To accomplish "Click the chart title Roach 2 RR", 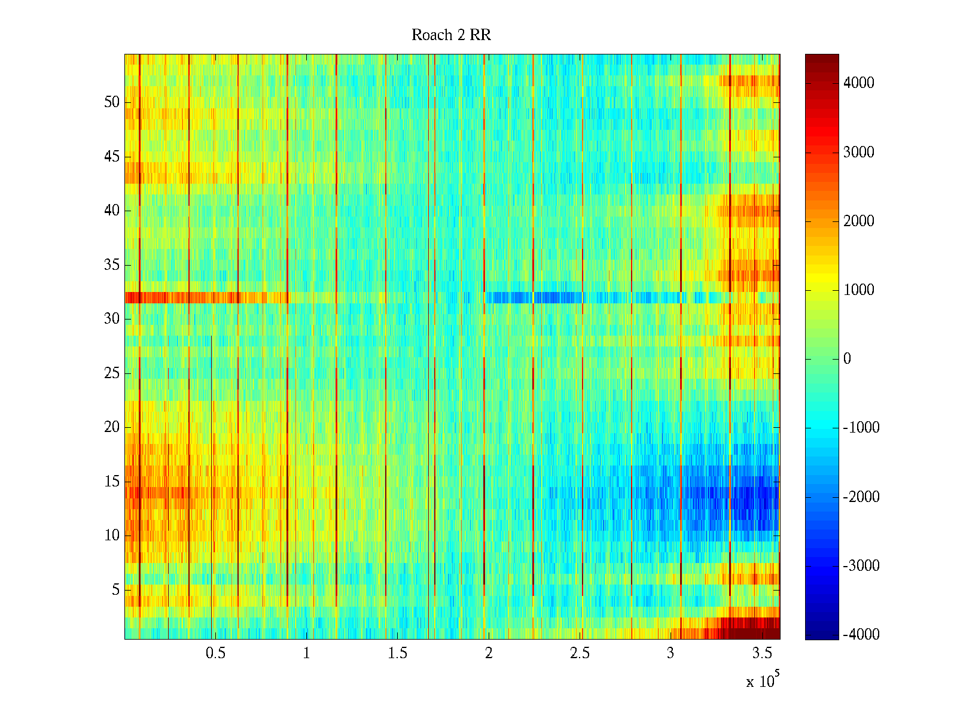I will [x=451, y=35].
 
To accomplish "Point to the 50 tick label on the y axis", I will [x=112, y=102].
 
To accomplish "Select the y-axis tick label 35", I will [x=112, y=265].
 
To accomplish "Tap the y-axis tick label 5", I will [x=115, y=590].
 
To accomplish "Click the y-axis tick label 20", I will [x=112, y=427].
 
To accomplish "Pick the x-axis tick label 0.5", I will [x=215, y=653].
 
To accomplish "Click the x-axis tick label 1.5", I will [x=398, y=653].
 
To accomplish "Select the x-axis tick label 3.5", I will [x=761, y=653].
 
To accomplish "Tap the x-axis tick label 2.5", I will [x=580, y=653].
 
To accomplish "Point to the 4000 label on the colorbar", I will [x=859, y=83].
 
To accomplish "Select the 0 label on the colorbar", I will [x=847, y=359].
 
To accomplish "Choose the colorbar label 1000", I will [x=859, y=290].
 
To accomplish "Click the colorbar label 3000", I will [x=859, y=152].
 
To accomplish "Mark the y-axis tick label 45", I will [x=112, y=157].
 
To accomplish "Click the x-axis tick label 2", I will [x=489, y=653].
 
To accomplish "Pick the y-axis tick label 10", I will [x=112, y=536].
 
